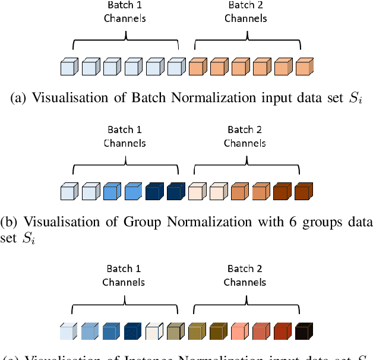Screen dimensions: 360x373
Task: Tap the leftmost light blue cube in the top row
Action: click(x=69, y=67)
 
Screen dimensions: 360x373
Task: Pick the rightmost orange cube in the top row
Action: click(x=304, y=67)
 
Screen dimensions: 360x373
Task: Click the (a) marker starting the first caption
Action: click(x=18, y=99)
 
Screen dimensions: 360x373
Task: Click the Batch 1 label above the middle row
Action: click(x=125, y=130)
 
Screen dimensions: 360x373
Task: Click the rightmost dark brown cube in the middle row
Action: click(x=304, y=192)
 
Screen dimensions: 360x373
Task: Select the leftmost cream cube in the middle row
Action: click(x=197, y=192)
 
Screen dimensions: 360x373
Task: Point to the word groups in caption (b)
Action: click(x=313, y=222)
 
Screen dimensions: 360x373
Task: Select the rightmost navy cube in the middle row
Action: click(x=175, y=192)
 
